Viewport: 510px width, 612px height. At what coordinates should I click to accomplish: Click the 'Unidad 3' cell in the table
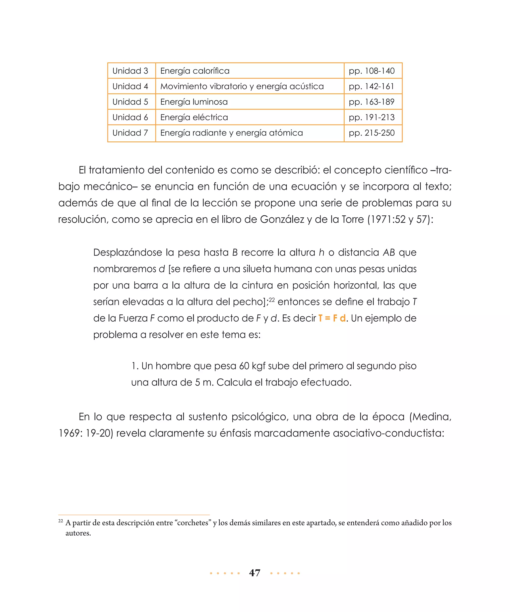[x=130, y=71]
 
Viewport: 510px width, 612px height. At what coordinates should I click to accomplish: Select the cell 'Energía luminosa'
[x=194, y=102]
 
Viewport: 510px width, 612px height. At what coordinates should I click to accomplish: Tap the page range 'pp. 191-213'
[x=371, y=117]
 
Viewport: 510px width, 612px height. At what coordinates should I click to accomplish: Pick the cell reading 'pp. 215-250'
[x=371, y=133]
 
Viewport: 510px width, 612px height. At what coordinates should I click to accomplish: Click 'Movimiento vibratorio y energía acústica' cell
[x=242, y=86]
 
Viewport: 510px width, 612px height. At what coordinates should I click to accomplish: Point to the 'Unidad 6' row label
[x=130, y=117]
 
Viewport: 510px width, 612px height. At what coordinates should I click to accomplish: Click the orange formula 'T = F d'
[x=332, y=318]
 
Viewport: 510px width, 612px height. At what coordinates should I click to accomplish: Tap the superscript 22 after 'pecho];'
[x=272, y=299]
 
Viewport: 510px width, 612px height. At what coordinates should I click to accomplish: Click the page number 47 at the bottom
[x=255, y=573]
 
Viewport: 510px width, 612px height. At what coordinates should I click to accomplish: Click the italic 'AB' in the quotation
[x=388, y=252]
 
